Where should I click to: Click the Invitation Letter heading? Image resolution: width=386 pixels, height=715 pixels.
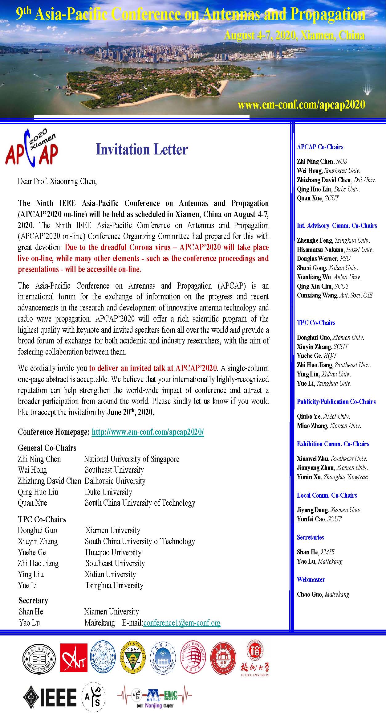pyautogui.click(x=142, y=150)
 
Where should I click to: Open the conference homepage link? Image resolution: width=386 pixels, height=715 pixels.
pyautogui.click(x=148, y=432)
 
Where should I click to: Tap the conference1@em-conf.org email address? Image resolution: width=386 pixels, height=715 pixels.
pyautogui.click(x=182, y=623)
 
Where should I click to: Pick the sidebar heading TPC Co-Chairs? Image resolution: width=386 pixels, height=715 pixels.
pyautogui.click(x=316, y=323)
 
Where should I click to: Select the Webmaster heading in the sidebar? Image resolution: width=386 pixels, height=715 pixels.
pyautogui.click(x=311, y=580)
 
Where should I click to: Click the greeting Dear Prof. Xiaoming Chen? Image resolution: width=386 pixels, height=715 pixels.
pyautogui.click(x=57, y=181)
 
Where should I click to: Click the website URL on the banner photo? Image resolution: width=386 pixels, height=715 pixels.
pyautogui.click(x=301, y=105)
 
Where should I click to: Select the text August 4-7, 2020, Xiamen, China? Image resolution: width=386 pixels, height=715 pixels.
pyautogui.click(x=294, y=36)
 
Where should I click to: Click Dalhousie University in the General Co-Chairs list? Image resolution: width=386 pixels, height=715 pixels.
pyautogui.click(x=115, y=481)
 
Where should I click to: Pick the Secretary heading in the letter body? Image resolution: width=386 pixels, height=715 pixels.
pyautogui.click(x=33, y=601)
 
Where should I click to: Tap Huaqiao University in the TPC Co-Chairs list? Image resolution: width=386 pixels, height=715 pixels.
pyautogui.click(x=113, y=553)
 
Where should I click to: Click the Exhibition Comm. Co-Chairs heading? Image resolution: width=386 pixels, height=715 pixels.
pyautogui.click(x=333, y=444)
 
